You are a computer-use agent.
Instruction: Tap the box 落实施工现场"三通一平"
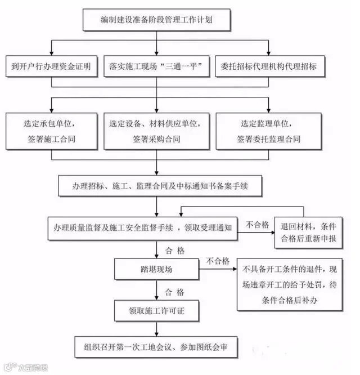click(x=156, y=66)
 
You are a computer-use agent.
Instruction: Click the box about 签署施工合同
click(x=51, y=131)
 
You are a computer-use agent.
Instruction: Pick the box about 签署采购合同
click(x=156, y=131)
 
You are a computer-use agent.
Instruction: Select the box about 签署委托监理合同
click(x=269, y=131)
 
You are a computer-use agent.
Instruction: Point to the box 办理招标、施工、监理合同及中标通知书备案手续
click(x=160, y=185)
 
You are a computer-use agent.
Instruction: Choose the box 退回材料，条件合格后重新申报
click(x=308, y=231)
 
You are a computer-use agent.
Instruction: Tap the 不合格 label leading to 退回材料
click(x=258, y=224)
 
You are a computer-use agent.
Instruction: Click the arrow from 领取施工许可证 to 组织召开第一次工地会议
click(x=157, y=327)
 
